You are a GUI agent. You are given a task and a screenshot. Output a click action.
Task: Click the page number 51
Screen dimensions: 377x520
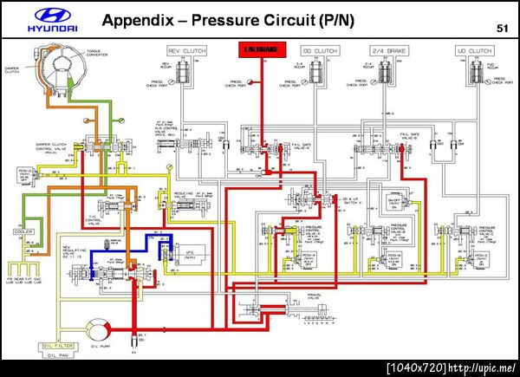pyautogui.click(x=502, y=29)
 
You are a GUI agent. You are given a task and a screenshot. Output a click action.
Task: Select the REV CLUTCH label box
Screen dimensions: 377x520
pyautogui.click(x=186, y=52)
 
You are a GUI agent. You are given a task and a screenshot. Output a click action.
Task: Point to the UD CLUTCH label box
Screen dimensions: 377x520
pyautogui.click(x=473, y=52)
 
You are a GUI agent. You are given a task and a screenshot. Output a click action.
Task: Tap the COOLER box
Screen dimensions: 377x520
pyautogui.click(x=23, y=232)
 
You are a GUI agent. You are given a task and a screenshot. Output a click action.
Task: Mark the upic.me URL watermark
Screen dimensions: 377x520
pyautogui.click(x=483, y=368)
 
